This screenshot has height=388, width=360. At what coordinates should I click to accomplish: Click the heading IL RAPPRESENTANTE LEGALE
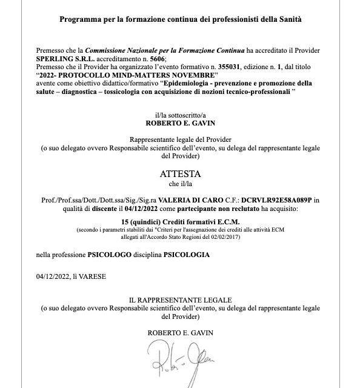(x=179, y=300)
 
